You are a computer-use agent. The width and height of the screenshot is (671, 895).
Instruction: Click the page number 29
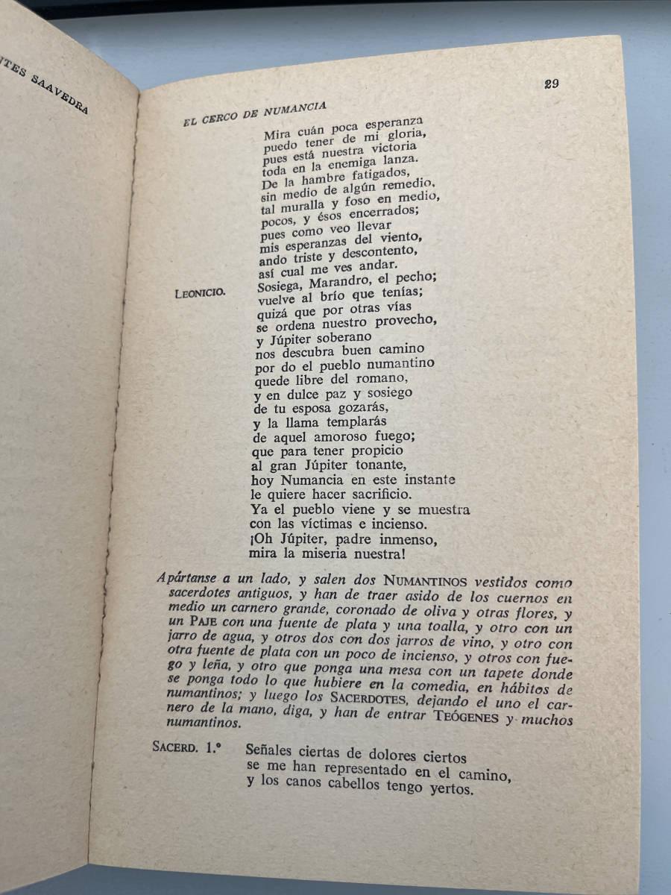pyautogui.click(x=552, y=84)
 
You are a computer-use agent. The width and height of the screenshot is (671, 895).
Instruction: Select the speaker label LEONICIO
pyautogui.click(x=199, y=293)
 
